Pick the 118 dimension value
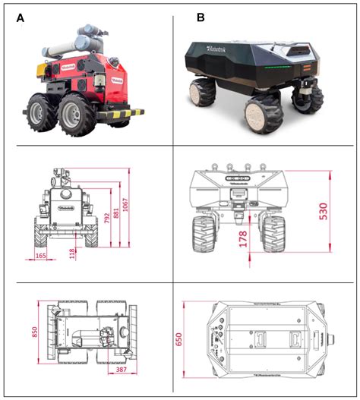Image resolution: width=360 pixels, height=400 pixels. point(74,253)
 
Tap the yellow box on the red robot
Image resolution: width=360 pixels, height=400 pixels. point(37,69)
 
